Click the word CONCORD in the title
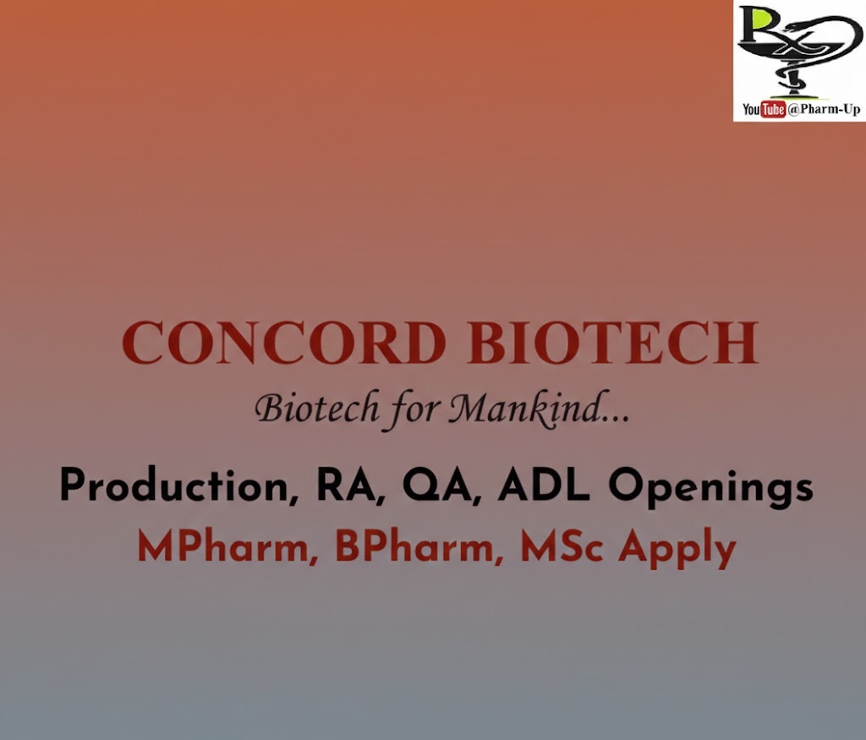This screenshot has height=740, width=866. (x=283, y=343)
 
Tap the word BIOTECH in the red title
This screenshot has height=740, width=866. (x=612, y=343)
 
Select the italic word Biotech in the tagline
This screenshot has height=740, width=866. (x=317, y=408)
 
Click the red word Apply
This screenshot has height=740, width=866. (x=677, y=550)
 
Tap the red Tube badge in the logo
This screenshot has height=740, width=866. (x=773, y=110)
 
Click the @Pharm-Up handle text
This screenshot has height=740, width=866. (x=824, y=110)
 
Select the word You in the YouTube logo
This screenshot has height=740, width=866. (x=751, y=110)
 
